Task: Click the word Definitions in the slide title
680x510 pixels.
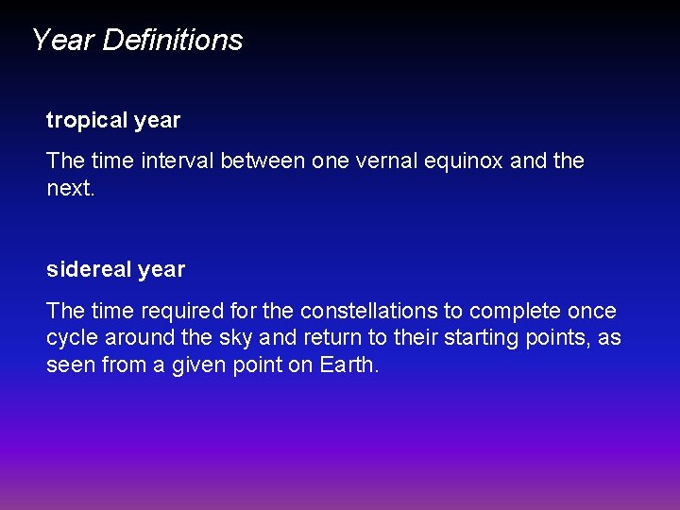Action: coord(173,40)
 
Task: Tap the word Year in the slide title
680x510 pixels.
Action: coord(63,40)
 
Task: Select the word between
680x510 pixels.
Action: coord(263,161)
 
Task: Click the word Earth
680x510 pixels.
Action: coord(348,365)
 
